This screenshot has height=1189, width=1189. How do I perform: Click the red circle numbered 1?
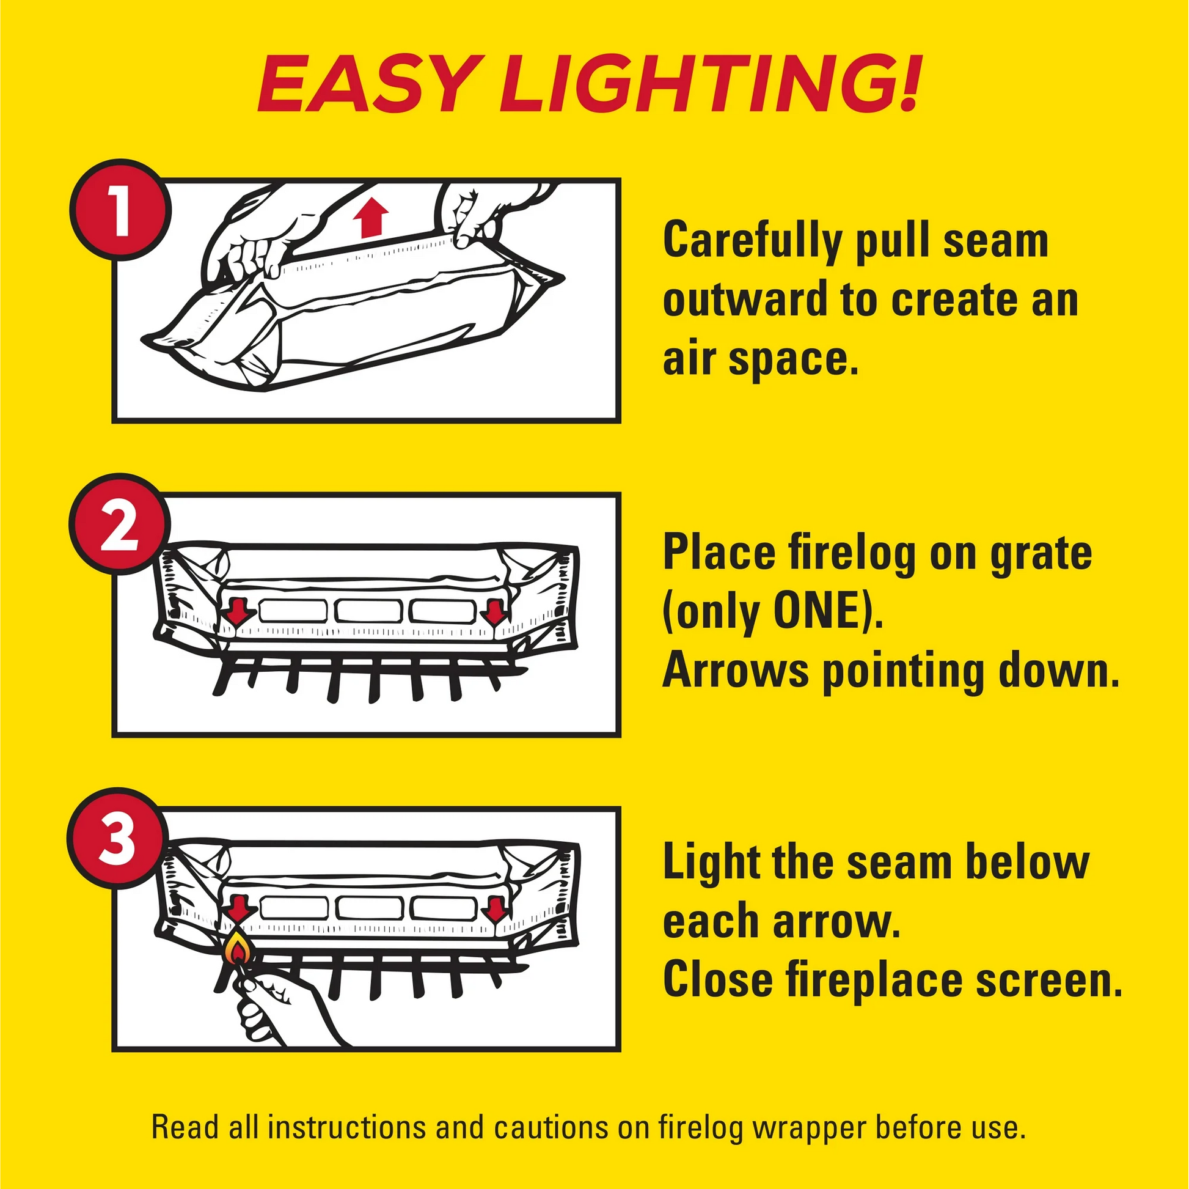(120, 210)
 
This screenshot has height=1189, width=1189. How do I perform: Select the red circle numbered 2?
(120, 523)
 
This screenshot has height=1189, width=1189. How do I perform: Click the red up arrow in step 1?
(371, 218)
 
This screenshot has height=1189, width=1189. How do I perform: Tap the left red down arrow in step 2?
(239, 611)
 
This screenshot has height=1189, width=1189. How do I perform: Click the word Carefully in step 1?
(752, 241)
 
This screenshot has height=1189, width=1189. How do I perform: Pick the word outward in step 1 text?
(745, 300)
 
